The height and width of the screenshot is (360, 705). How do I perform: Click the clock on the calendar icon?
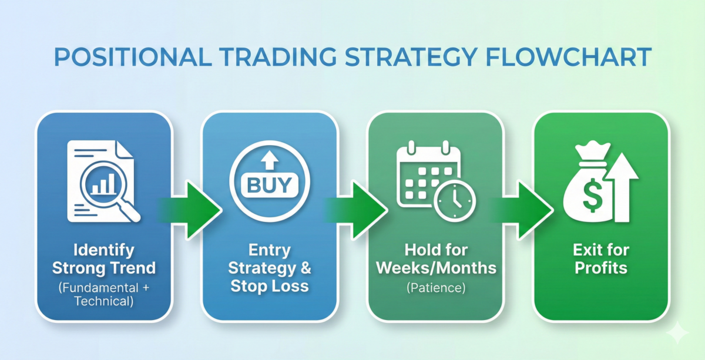click(x=454, y=201)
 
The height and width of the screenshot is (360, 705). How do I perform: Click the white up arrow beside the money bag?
click(x=625, y=188)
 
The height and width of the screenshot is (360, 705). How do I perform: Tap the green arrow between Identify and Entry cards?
click(x=195, y=210)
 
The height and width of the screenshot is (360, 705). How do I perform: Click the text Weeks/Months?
click(x=435, y=268)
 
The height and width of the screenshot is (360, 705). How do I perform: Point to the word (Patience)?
click(x=435, y=288)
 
